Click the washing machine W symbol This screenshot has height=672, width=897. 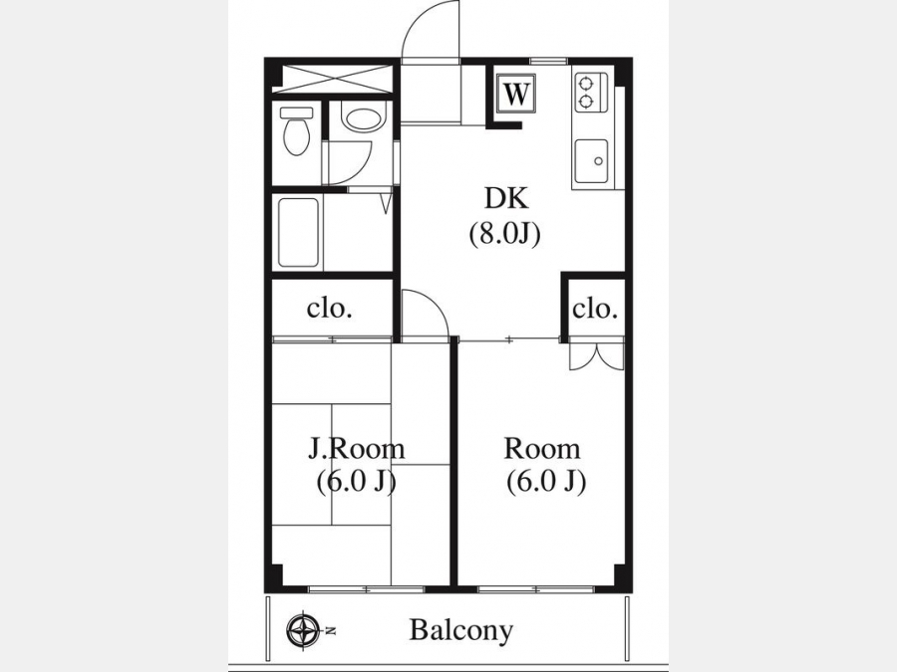click(516, 94)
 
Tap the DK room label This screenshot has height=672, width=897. click(506, 198)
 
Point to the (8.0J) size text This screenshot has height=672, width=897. click(504, 233)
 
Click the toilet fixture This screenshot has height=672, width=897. click(296, 130)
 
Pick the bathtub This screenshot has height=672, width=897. click(298, 233)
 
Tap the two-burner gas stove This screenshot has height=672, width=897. click(586, 94)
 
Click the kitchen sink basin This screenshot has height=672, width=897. click(591, 160)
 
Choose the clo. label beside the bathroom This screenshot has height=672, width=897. click(329, 309)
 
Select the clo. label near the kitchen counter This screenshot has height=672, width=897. click(595, 310)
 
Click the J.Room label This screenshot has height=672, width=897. click(357, 449)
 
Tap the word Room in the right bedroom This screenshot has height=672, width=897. click(542, 449)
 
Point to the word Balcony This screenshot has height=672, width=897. click(461, 631)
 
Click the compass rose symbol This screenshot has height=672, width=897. click(303, 631)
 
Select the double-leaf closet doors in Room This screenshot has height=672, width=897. click(597, 356)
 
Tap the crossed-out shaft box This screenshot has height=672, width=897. click(333, 79)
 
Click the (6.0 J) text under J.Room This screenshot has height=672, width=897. click(357, 481)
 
